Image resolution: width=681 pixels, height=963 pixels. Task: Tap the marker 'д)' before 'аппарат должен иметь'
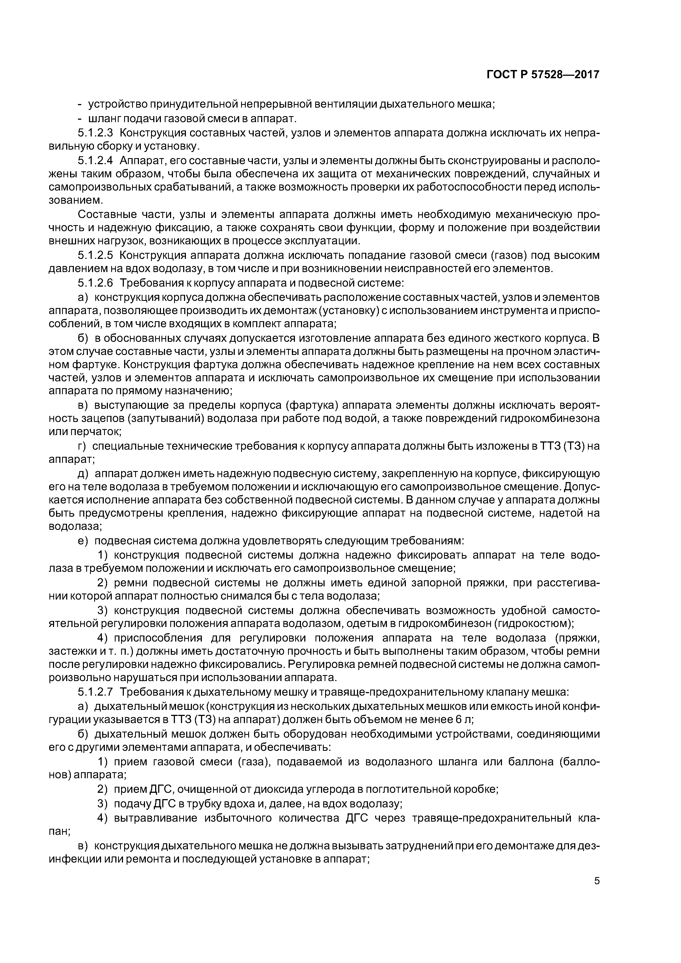84,474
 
